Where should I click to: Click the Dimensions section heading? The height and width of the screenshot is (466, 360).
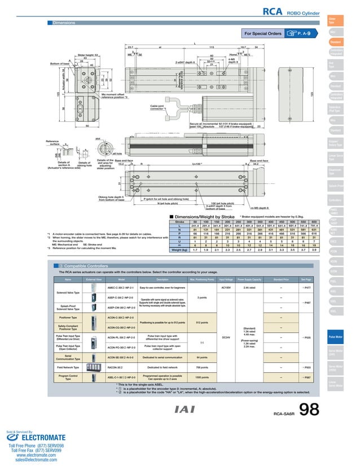tap(65, 23)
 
